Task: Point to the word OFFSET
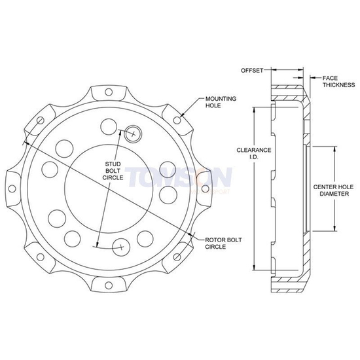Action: pos(251,69)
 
